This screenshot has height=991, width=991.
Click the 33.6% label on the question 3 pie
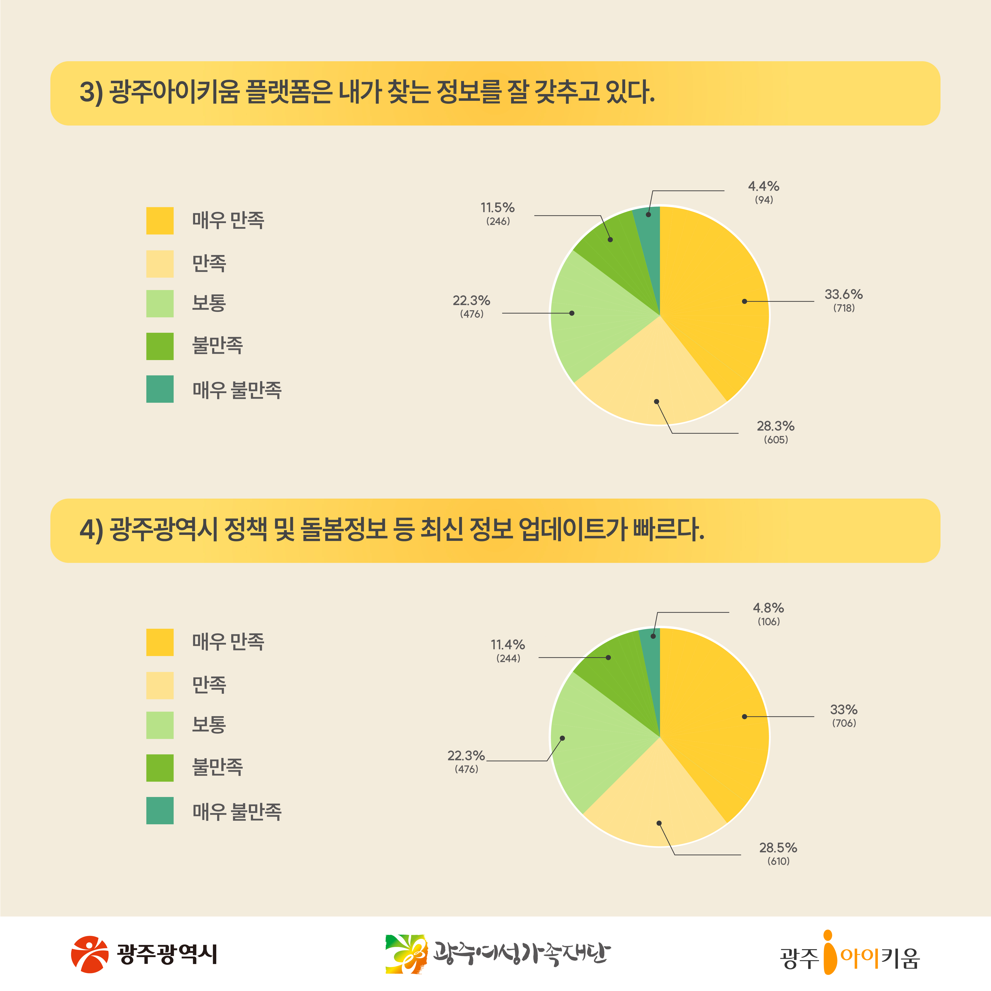(843, 294)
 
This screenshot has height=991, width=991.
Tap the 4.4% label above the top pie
(763, 186)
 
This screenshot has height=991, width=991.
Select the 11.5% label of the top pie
(497, 208)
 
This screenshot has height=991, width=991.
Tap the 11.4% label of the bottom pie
(507, 645)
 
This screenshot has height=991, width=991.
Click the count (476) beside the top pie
(471, 314)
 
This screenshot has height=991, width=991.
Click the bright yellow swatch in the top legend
(159, 221)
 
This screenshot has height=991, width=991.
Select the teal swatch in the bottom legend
(159, 810)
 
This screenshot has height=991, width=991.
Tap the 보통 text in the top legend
(209, 303)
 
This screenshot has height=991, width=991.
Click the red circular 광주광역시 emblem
(90, 954)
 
